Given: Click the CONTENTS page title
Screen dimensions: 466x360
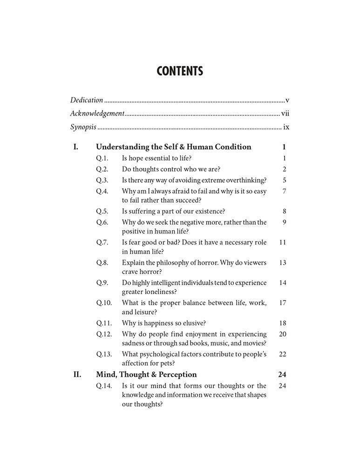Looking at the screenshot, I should [180, 71].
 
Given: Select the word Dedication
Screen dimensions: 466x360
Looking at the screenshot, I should [87, 100].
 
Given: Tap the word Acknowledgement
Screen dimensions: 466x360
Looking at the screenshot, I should [97, 113].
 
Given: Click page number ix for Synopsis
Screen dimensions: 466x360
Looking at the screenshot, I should [286, 127].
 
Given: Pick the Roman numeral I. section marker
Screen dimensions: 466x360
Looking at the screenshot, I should [75, 147].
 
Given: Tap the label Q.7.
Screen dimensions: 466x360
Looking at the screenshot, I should [102, 242].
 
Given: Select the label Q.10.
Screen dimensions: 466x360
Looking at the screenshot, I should [104, 303].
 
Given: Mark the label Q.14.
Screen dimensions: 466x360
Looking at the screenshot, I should [104, 385].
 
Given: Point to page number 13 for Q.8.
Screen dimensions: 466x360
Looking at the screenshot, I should [282, 263].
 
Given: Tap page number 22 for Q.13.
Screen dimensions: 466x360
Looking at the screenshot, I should [282, 354].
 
